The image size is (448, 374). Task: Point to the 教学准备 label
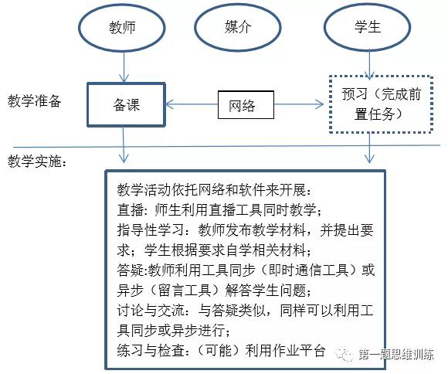(x=34, y=101)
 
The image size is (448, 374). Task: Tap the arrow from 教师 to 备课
(x=124, y=67)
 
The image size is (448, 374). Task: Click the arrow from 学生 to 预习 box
(x=369, y=65)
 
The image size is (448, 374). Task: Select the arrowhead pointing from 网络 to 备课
(x=170, y=104)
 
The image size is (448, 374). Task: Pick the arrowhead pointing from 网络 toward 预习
(x=319, y=104)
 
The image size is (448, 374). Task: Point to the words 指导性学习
(x=151, y=230)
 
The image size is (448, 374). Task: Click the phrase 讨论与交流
(x=151, y=310)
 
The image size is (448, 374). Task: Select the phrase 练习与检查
(x=151, y=350)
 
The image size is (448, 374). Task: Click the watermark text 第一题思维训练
(x=396, y=355)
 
